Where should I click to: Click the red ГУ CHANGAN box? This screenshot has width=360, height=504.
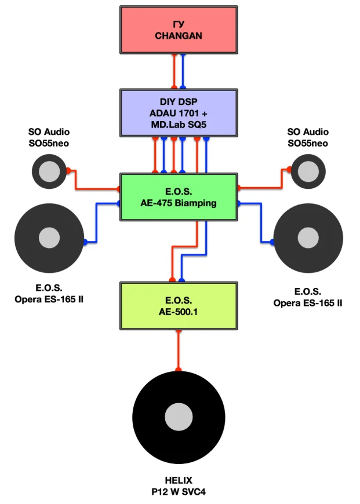click(179, 30)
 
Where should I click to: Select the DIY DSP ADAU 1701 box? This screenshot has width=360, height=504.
click(179, 113)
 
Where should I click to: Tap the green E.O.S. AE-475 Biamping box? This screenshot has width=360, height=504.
click(179, 197)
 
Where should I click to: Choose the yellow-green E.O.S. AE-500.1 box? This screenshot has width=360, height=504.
click(179, 306)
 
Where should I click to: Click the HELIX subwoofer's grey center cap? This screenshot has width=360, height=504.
click(179, 417)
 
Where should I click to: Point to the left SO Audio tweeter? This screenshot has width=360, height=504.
click(49, 171)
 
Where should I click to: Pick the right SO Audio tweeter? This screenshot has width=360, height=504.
click(308, 171)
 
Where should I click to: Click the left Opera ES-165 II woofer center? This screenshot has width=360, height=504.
click(49, 238)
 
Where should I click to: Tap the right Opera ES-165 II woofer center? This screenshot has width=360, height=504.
click(308, 238)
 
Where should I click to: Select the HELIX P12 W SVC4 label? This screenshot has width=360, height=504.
click(179, 486)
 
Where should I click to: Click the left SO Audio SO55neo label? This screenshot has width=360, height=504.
click(49, 137)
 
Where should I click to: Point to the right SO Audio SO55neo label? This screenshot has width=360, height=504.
click(308, 137)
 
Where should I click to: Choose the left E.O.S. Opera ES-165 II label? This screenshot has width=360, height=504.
click(49, 294)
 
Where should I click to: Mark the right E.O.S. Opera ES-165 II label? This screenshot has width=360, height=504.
click(308, 297)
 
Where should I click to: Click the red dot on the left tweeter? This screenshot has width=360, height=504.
click(68, 170)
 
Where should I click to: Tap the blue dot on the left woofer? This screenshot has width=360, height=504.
click(85, 242)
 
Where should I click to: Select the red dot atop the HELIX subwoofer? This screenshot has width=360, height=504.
click(179, 370)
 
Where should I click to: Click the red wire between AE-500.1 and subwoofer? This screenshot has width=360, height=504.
click(179, 350)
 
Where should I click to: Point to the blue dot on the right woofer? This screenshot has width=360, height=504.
click(272, 242)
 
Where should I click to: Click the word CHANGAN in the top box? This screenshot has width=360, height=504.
click(179, 36)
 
